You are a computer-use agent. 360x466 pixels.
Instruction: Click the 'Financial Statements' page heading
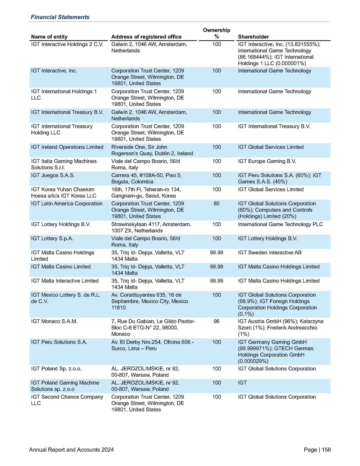[x=60, y=17]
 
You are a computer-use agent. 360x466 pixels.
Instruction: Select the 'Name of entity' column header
[x=49, y=37]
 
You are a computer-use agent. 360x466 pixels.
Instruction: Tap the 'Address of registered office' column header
[x=146, y=37]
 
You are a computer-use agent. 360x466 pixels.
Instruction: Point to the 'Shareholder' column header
[x=253, y=37]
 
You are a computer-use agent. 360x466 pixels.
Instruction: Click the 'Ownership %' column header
[x=217, y=33]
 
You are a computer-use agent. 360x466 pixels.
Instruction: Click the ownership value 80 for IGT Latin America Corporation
[x=217, y=204]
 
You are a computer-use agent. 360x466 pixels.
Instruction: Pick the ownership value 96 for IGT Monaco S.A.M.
[x=217, y=321]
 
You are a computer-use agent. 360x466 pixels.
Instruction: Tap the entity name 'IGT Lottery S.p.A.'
[x=52, y=239]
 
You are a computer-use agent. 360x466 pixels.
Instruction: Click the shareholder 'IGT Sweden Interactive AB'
[x=269, y=253]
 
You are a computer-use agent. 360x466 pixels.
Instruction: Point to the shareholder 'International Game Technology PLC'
[x=280, y=224]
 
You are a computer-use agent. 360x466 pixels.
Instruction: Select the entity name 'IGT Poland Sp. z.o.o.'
[x=56, y=369]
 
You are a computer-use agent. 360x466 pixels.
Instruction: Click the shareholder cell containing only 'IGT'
[x=242, y=383]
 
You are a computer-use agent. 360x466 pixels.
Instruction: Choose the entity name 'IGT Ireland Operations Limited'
[x=67, y=147]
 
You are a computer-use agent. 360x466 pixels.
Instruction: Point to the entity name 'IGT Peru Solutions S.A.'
[x=59, y=342]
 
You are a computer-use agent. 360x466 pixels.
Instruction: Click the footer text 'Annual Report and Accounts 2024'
[x=71, y=450]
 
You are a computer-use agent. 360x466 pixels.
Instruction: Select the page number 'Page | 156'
[x=317, y=450]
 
